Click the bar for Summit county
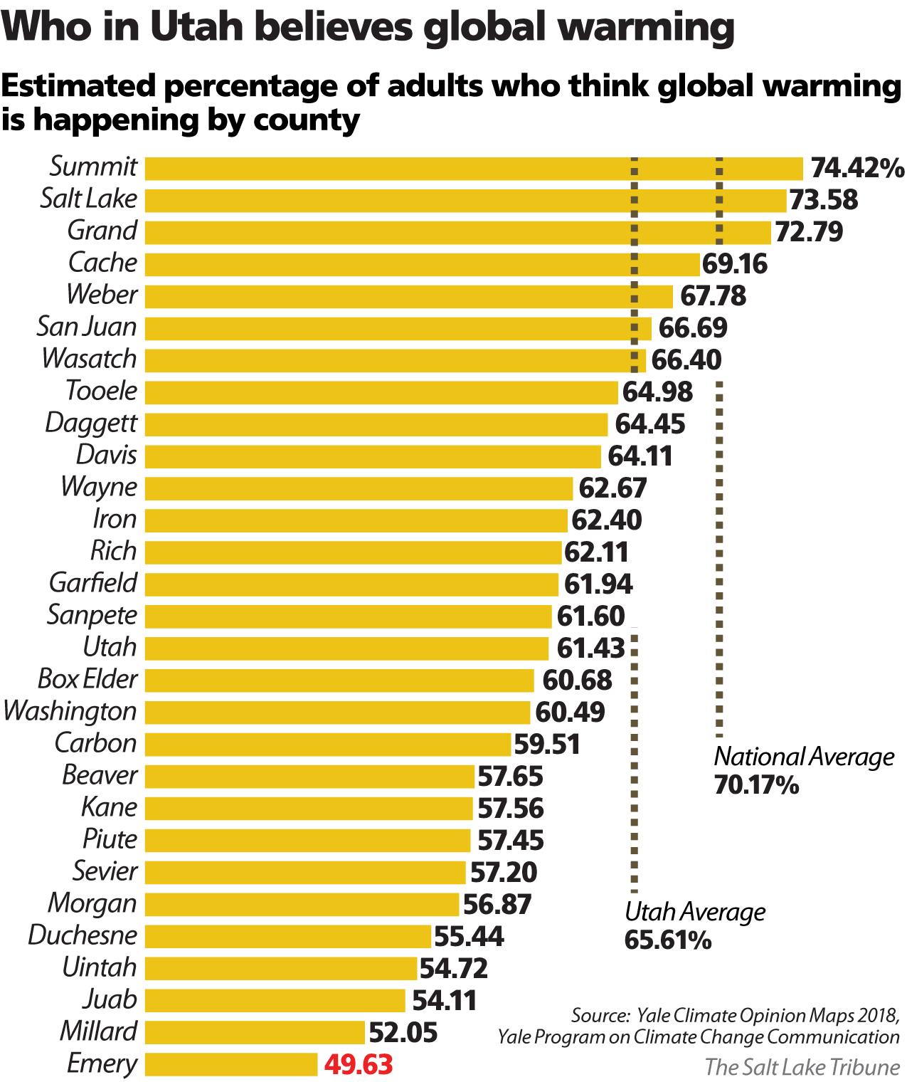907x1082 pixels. [473, 169]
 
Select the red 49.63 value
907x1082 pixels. [359, 1065]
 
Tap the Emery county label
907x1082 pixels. [102, 1063]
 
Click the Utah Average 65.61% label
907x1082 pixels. [695, 925]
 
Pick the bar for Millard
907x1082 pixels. [255, 1032]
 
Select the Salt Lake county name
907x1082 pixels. [89, 199]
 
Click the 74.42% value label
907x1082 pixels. [857, 168]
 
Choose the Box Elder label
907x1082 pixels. [87, 679]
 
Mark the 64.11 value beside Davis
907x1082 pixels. [640, 456]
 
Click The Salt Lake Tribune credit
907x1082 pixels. [802, 1067]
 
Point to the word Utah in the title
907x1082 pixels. [191, 27]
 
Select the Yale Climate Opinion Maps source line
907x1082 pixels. [735, 1015]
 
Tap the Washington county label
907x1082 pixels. [70, 711]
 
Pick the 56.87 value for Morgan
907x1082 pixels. [497, 905]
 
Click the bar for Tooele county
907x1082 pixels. [381, 392]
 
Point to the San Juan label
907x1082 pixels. [87, 327]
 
